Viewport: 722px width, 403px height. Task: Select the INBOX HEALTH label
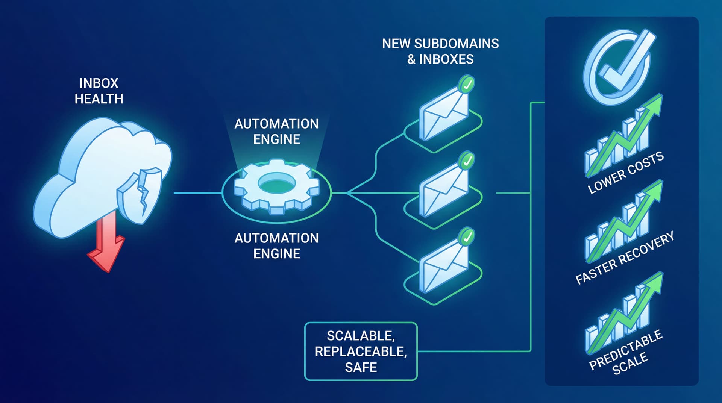(99, 91)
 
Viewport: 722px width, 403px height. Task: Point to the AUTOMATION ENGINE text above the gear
(276, 132)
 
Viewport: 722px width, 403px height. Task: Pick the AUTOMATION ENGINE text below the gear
(276, 246)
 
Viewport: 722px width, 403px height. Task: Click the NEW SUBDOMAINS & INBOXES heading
(440, 51)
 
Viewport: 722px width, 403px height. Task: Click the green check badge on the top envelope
(467, 85)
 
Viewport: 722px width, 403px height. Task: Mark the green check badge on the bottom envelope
(467, 237)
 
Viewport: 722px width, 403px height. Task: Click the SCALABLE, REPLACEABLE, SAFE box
(361, 351)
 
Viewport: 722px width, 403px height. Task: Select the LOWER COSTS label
(626, 173)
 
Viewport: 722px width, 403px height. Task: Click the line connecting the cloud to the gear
(197, 193)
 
